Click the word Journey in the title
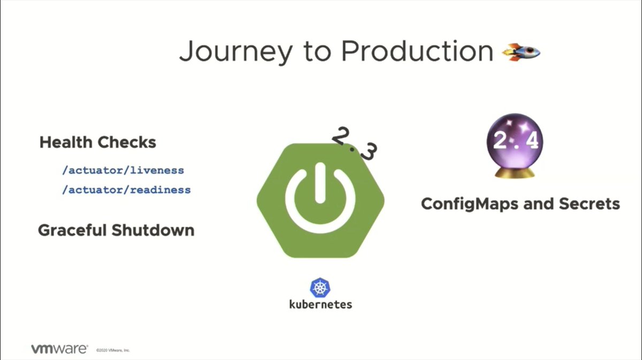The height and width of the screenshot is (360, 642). (235, 52)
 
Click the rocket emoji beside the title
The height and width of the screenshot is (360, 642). (521, 52)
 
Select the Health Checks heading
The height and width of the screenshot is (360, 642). (98, 142)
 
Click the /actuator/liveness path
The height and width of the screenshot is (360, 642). (123, 171)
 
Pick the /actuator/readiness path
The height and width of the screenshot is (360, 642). (126, 189)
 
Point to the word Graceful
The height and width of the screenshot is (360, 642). (72, 231)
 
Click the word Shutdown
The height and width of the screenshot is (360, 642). (153, 230)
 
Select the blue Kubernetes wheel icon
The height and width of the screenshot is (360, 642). (320, 288)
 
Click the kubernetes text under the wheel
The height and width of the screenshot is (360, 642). (320, 304)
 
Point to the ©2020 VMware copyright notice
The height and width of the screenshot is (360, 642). (113, 350)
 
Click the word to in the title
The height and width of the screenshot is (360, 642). (316, 52)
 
